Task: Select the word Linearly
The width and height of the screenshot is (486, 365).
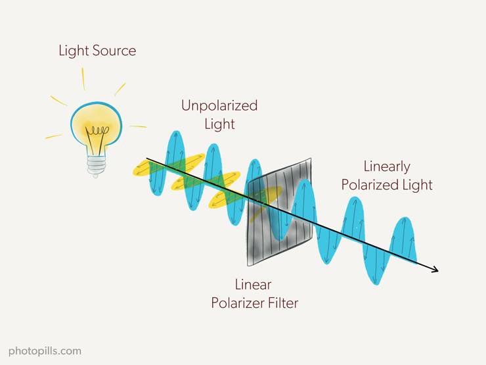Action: point(387,167)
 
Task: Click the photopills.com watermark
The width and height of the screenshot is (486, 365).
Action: point(45,351)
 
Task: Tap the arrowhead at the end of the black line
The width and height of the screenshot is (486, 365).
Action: point(435,270)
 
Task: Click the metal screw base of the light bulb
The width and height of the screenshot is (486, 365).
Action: point(97,166)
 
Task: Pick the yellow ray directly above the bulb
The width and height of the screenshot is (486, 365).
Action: point(83,78)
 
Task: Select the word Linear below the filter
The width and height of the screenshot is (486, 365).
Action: point(254,285)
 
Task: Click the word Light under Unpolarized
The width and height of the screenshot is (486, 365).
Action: point(219,124)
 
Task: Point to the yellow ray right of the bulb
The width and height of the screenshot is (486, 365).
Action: point(138,127)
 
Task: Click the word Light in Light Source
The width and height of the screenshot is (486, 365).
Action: point(74,51)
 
